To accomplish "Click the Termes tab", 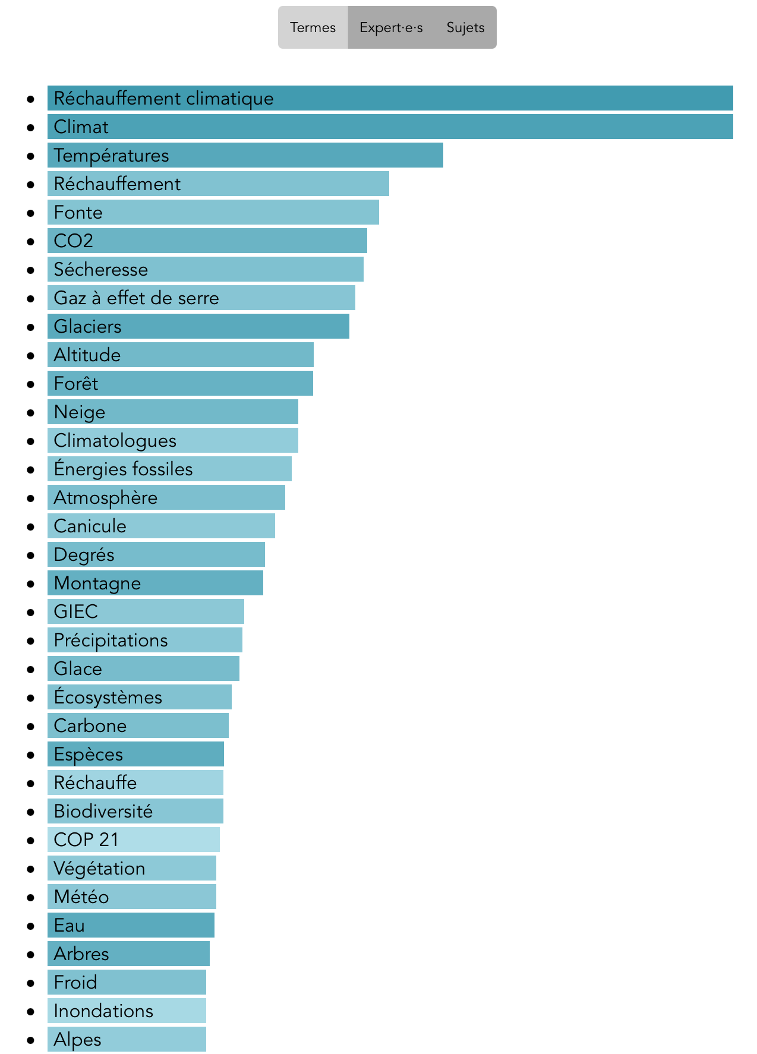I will (313, 27).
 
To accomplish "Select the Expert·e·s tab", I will (391, 27).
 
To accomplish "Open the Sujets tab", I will (465, 27).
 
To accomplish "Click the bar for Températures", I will (245, 155).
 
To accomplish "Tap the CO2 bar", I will (207, 241).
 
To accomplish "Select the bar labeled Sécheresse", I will (205, 269).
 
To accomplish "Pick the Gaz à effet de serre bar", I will (201, 298).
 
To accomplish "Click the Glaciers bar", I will (198, 326).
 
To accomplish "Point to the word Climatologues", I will (115, 441).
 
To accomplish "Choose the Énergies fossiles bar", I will (169, 469).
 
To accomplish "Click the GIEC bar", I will (146, 611).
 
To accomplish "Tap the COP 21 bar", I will (133, 840).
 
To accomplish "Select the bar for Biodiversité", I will (135, 811).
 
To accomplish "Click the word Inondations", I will (103, 1011).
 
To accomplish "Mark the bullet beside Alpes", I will (31, 1040).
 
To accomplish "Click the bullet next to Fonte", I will (31, 213).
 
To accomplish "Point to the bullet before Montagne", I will (31, 583).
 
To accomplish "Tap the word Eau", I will (69, 926).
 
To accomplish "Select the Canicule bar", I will (161, 526).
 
